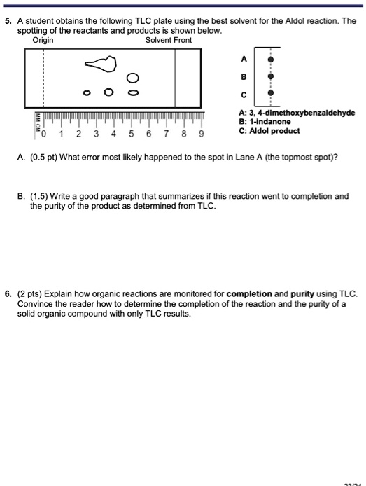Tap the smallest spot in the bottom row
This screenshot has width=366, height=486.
click(87, 92)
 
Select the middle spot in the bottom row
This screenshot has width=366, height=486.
click(108, 92)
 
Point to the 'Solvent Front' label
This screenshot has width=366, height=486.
click(169, 41)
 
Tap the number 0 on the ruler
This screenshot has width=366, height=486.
click(44, 134)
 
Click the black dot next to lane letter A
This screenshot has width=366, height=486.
click(271, 61)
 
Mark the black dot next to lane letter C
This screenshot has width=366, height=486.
click(271, 92)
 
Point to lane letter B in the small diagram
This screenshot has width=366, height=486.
click(244, 76)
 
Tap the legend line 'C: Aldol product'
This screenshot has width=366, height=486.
click(269, 131)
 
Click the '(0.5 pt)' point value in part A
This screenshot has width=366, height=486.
click(45, 156)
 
